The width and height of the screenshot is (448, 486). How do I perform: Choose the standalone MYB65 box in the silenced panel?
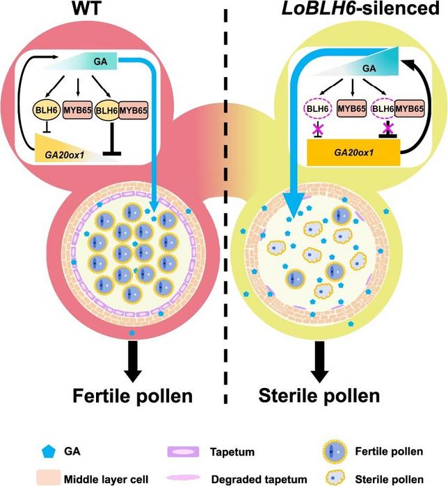[351, 109]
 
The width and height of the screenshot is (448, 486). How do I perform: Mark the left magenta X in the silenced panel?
[318, 130]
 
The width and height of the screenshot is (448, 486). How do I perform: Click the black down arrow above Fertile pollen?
[132, 361]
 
